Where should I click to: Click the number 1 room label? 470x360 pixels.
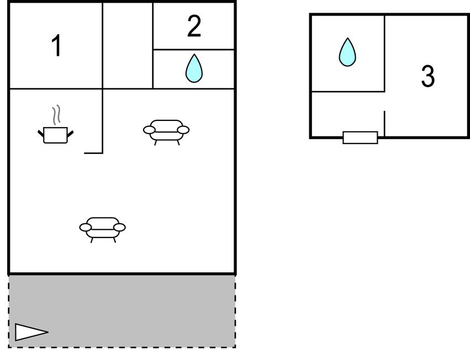click(57, 45)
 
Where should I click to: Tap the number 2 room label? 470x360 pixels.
click(194, 26)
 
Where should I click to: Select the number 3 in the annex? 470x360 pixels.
click(427, 76)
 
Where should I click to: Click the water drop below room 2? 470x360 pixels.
click(194, 68)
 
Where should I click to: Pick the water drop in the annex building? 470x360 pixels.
click(347, 52)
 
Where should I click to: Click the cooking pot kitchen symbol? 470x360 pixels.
click(55, 135)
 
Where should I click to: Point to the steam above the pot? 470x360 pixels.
click(56, 115)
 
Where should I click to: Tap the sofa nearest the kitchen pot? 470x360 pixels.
click(166, 132)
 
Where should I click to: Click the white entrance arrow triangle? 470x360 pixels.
click(31, 332)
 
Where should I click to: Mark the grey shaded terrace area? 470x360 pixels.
click(122, 311)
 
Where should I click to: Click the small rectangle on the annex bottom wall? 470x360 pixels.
click(360, 137)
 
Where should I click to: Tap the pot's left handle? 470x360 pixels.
click(41, 134)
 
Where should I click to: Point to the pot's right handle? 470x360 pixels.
click(70, 134)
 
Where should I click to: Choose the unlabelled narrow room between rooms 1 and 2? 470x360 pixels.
click(128, 46)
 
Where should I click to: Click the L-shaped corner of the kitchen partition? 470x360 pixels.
click(103, 153)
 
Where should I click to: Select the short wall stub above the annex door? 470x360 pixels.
click(384, 124)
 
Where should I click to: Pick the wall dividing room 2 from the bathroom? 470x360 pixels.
click(194, 50)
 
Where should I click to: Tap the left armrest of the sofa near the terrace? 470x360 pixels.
click(86, 227)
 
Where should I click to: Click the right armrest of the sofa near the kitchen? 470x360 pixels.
click(183, 130)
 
